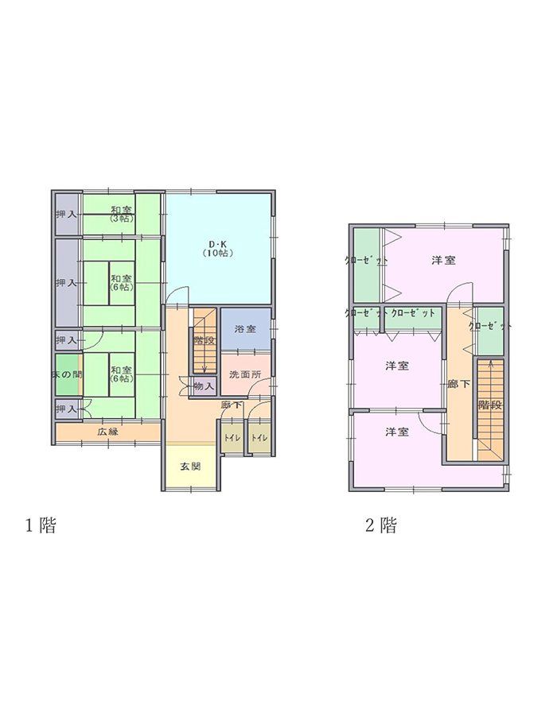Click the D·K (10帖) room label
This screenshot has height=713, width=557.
(216, 247)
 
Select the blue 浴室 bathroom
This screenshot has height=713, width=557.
(244, 329)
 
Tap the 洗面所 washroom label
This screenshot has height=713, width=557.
(244, 374)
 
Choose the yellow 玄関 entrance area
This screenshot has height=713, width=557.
(189, 466)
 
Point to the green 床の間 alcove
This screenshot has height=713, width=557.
(67, 374)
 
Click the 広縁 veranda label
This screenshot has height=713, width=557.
(108, 432)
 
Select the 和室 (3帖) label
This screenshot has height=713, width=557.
(122, 213)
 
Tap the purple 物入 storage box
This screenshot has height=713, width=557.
(204, 386)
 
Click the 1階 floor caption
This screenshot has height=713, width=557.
(40, 525)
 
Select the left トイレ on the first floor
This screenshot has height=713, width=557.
(232, 438)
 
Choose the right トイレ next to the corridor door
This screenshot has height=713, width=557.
(259, 438)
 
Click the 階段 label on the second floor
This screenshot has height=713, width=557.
(489, 405)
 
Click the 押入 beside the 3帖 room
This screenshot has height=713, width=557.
(66, 215)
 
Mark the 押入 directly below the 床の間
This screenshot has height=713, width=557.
(66, 409)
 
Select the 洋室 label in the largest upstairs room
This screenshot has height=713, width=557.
(443, 261)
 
